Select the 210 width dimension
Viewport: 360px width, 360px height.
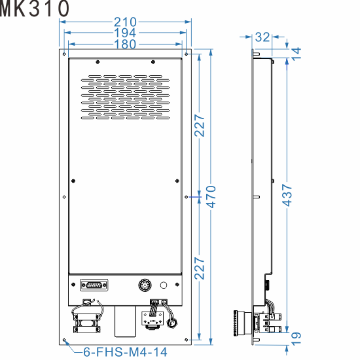[125, 22]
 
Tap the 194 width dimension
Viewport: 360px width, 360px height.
[125, 33]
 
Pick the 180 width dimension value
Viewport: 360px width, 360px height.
[125, 44]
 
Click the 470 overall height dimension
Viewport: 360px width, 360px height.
[211, 196]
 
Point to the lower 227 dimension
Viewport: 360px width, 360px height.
[200, 268]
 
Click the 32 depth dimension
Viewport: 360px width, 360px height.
[262, 37]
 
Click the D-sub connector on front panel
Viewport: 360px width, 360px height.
[94, 285]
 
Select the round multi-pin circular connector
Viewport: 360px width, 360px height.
[145, 285]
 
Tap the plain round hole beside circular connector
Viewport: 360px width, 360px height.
[164, 285]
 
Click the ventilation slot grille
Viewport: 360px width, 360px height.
[125, 98]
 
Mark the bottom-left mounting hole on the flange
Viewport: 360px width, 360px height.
[65, 340]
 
